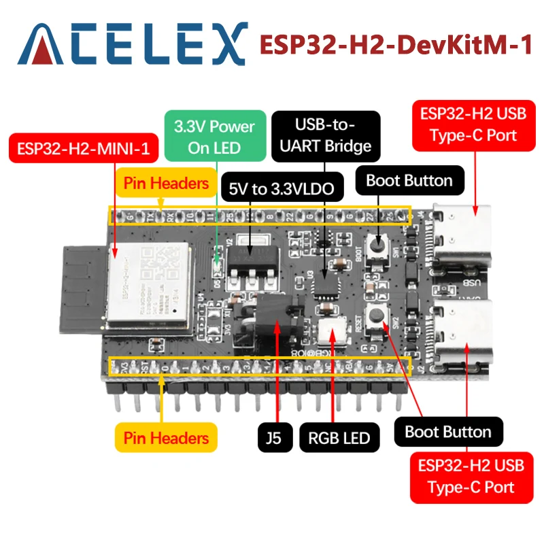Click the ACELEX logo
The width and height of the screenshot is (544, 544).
(x=132, y=44)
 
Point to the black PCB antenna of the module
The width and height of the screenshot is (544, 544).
(x=84, y=286)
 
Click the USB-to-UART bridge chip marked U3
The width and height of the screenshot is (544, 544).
(x=325, y=284)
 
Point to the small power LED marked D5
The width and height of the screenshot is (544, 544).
(x=217, y=271)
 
